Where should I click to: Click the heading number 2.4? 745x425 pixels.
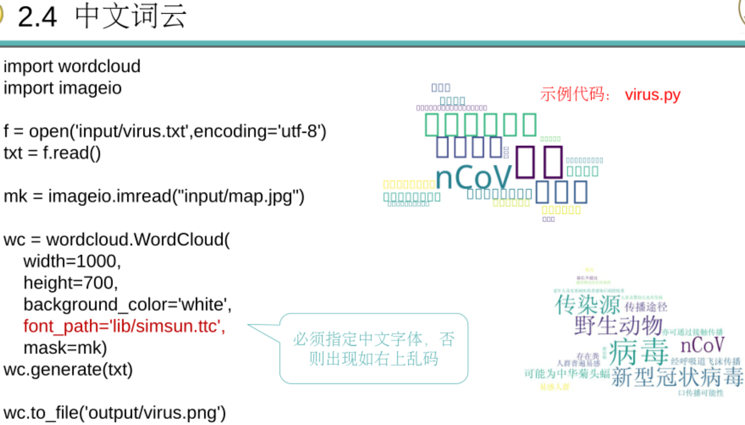coord(37,17)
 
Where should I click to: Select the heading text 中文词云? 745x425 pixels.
coord(131,16)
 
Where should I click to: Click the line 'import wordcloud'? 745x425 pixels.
coord(72,66)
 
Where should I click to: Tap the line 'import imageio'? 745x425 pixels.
coord(62,88)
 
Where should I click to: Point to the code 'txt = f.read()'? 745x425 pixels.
coord(52,153)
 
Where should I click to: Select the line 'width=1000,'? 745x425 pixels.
coord(72,261)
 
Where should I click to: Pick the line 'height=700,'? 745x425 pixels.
coord(71,283)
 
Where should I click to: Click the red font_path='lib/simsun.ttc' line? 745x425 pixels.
coord(124,326)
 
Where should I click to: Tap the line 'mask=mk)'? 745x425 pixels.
coord(65,348)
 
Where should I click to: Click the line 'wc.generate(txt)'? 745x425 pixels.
coord(68,369)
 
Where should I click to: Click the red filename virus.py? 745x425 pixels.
coord(652,95)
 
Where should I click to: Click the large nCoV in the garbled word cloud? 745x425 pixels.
coord(474,177)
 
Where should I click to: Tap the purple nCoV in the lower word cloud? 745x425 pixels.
coord(702,345)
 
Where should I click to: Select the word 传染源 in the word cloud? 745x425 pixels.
coord(587,304)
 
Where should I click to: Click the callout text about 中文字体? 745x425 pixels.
coord(373,349)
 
